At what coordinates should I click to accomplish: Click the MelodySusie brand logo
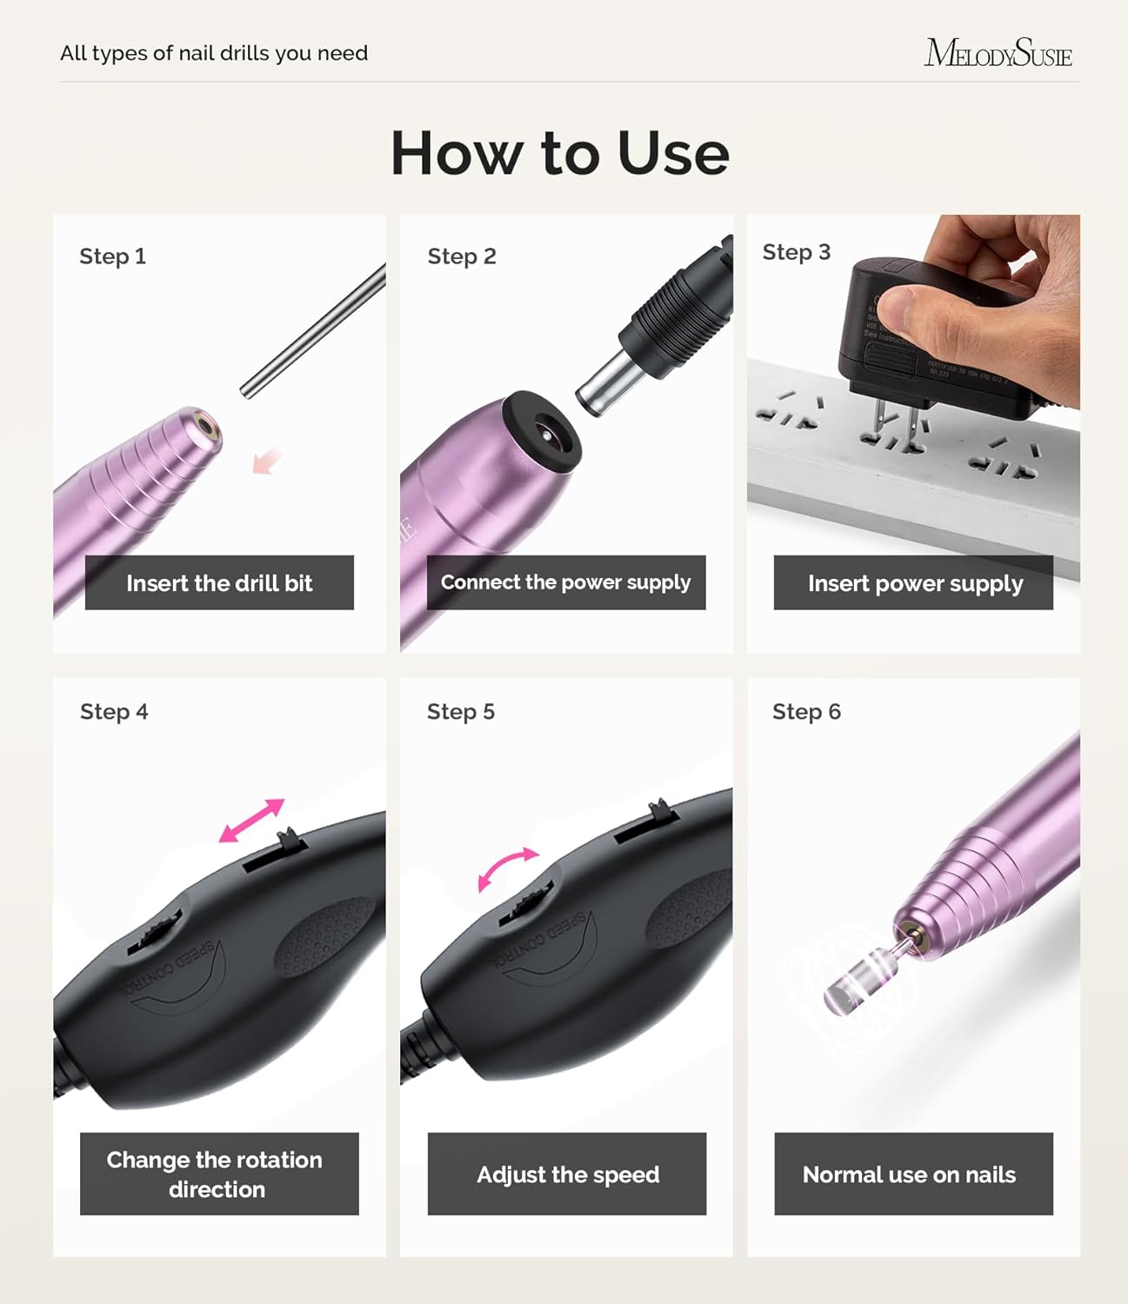click(x=998, y=53)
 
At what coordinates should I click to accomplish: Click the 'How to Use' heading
click(x=560, y=153)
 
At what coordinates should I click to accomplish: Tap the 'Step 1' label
click(x=112, y=256)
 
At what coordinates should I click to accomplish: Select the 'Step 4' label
click(x=114, y=712)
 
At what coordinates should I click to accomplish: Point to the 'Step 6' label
click(x=806, y=712)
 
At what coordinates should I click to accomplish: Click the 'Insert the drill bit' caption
click(x=219, y=582)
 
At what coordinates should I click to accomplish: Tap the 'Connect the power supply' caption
click(x=566, y=582)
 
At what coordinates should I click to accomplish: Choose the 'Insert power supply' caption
click(x=914, y=582)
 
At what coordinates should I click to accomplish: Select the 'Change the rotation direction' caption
click(x=216, y=1174)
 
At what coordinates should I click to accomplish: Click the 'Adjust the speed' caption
click(x=567, y=1174)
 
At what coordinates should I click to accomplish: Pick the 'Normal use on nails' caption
click(x=910, y=1174)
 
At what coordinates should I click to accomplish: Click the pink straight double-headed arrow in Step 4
click(x=251, y=821)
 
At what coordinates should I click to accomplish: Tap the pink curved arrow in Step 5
click(x=508, y=868)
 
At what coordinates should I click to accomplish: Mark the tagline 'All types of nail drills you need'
click(x=214, y=53)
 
